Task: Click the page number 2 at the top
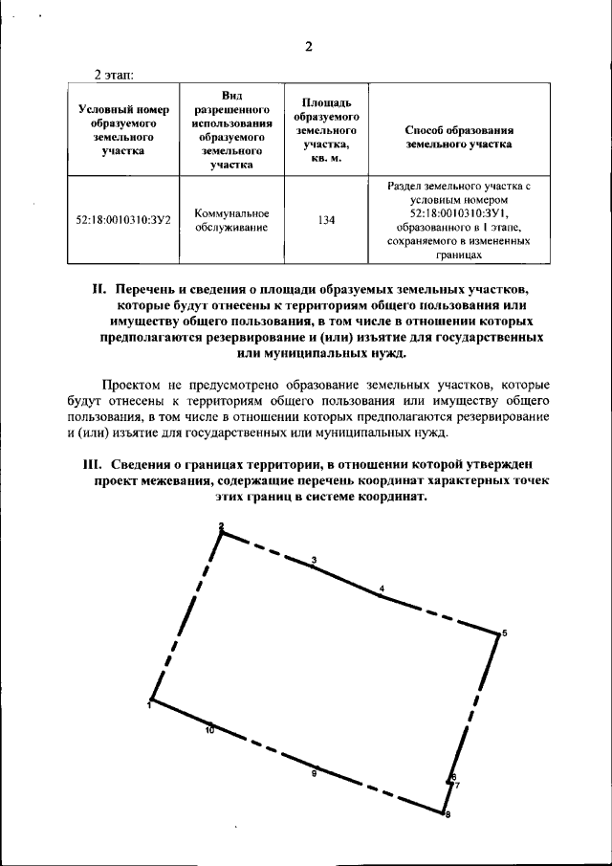tap(309, 48)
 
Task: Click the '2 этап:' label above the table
tap(114, 74)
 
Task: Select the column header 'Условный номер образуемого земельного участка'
tap(123, 129)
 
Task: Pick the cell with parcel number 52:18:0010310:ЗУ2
tap(123, 220)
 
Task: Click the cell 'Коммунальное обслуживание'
tap(231, 220)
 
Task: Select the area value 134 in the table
tap(326, 220)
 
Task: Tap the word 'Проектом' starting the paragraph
tap(135, 383)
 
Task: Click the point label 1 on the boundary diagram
tap(149, 705)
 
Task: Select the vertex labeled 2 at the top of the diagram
tap(221, 527)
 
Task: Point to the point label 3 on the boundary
tap(314, 559)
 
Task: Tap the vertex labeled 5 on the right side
tap(504, 633)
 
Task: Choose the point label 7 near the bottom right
tap(457, 786)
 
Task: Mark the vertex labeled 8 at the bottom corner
tap(447, 815)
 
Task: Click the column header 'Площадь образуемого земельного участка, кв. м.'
tap(326, 129)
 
